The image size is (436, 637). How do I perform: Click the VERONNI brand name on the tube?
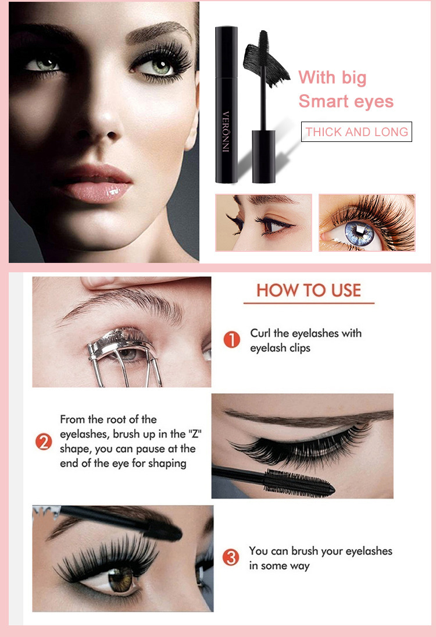pyautogui.click(x=226, y=131)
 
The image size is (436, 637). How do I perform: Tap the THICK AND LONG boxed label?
pyautogui.click(x=356, y=131)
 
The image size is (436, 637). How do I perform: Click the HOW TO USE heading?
pyautogui.click(x=309, y=290)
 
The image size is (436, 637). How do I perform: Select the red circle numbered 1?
pyautogui.click(x=232, y=340)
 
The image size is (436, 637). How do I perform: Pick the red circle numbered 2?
pyautogui.click(x=44, y=442)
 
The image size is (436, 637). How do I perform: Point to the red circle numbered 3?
pyautogui.click(x=231, y=557)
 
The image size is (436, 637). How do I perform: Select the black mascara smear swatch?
pyautogui.click(x=266, y=65)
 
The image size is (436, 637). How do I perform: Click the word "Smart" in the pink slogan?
pyautogui.click(x=323, y=101)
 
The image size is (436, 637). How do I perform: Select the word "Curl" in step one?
pyautogui.click(x=260, y=333)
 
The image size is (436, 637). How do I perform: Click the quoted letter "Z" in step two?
pyautogui.click(x=195, y=434)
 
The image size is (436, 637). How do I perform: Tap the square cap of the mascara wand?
pyautogui.click(x=263, y=156)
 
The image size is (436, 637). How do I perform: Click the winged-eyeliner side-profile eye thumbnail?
pyautogui.click(x=263, y=223)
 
